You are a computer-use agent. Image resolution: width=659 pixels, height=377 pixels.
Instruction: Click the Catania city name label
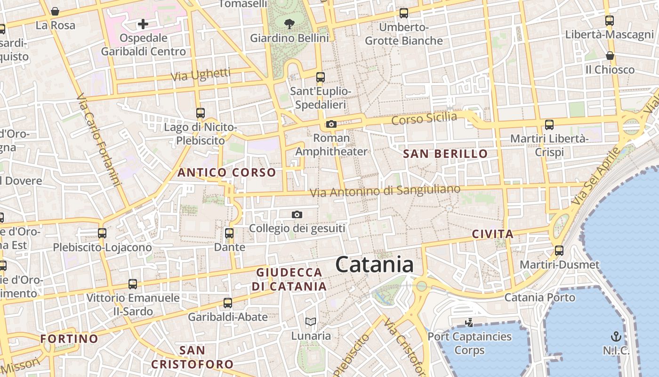[x=375, y=264]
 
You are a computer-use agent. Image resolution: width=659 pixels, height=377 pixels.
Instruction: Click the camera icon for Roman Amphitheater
[x=331, y=124]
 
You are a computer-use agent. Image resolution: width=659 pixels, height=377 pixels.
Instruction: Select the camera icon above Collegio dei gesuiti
[x=297, y=215]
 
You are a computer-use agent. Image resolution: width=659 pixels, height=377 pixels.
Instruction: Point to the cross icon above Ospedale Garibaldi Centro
[x=143, y=24]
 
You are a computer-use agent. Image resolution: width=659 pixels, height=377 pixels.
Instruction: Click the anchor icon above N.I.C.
[x=616, y=336]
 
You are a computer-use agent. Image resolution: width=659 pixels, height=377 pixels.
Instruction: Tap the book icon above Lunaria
[x=310, y=322]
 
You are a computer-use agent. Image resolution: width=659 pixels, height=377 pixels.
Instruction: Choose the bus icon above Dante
[x=229, y=233]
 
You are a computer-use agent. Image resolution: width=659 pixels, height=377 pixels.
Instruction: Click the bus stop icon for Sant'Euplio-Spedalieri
[x=321, y=77]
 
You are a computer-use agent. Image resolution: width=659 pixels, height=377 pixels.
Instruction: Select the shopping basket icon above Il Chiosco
[x=610, y=56]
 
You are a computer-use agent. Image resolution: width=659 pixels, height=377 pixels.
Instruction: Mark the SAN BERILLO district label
[x=446, y=154]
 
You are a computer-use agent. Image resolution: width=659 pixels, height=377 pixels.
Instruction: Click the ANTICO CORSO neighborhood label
[x=226, y=172]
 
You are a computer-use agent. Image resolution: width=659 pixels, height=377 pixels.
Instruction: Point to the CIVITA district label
[x=492, y=234]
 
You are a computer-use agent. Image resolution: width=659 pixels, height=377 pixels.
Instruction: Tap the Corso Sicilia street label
[x=424, y=119]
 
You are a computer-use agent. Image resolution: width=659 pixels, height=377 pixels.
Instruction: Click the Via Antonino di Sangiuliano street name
[x=385, y=191]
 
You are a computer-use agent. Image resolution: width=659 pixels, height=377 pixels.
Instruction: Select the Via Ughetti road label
[x=201, y=74]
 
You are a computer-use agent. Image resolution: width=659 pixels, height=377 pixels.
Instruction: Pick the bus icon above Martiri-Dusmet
[x=559, y=251]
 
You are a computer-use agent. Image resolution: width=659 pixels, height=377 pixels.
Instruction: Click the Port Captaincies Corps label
[x=469, y=343]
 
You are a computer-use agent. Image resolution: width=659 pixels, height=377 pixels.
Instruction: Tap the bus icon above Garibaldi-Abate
[x=228, y=303]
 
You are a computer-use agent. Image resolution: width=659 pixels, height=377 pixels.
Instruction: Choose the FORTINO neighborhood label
[x=69, y=338]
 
